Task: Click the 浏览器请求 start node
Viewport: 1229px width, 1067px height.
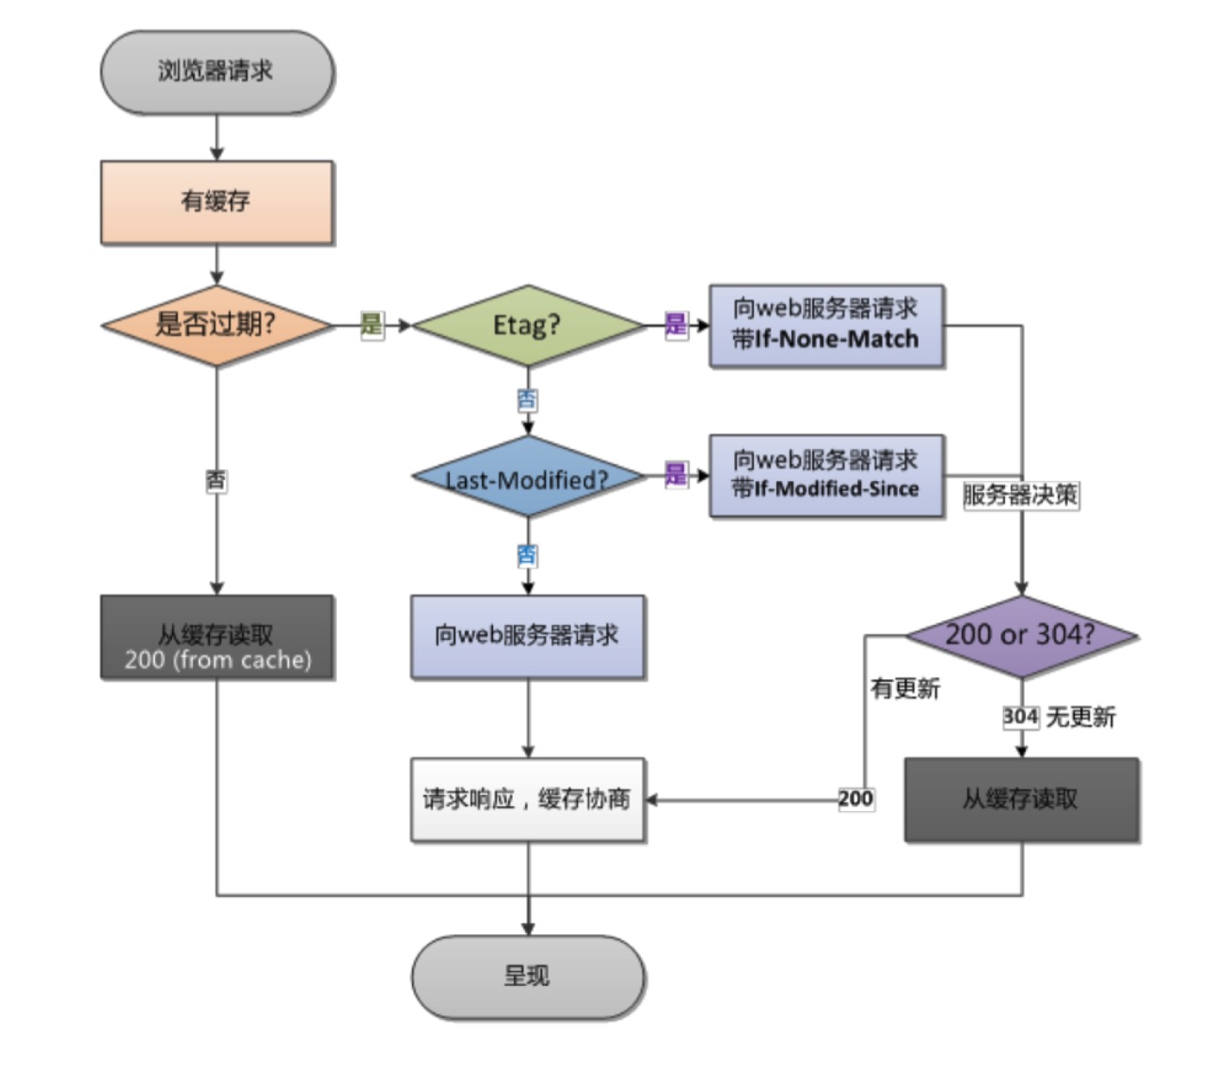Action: coord(216,72)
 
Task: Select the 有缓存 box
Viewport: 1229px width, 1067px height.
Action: coord(216,201)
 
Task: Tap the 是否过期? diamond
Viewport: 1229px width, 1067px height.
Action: coord(216,326)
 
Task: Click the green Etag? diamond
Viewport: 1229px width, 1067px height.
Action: coord(527,326)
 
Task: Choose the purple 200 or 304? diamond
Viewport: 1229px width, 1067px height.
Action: coord(1021,635)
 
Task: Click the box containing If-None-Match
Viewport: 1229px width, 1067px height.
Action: coord(825,326)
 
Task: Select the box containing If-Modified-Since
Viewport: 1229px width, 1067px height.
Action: coord(825,475)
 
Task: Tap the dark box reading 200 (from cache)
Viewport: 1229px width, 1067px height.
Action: coord(216,637)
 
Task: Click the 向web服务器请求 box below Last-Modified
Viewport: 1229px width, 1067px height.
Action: coord(527,637)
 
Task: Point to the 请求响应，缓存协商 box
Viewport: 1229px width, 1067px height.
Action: coord(527,800)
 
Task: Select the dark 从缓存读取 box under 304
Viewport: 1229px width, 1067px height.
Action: coord(1021,800)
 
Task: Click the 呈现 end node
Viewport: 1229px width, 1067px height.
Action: coord(527,977)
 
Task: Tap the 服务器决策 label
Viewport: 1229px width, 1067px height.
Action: coord(1021,495)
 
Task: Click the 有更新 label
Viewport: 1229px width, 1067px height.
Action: coord(905,689)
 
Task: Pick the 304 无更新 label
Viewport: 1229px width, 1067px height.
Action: coord(1059,718)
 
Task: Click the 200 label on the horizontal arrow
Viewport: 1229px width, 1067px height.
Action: coord(855,799)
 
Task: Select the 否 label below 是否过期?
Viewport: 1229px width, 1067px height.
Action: coord(216,481)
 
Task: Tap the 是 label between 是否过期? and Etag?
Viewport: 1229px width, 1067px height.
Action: coord(372,326)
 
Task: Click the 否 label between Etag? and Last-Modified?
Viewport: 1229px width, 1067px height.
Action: coord(527,400)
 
